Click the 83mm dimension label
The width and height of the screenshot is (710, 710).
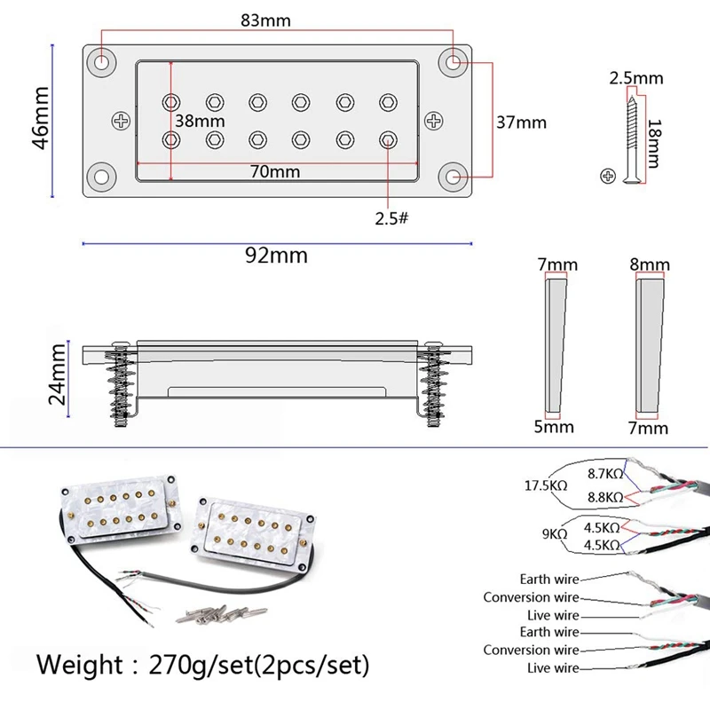[x=265, y=20]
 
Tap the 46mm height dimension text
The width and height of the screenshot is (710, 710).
[x=40, y=118]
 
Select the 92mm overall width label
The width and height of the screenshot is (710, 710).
[x=276, y=256]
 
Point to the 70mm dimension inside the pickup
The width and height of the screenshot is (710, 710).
[x=275, y=171]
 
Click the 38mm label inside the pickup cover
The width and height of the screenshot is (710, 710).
[x=200, y=121]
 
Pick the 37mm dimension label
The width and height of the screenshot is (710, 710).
[x=521, y=122]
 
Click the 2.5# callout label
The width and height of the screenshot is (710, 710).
[x=391, y=218]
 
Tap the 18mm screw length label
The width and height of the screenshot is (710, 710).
[x=654, y=144]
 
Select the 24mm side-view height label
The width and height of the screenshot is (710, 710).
[x=58, y=374]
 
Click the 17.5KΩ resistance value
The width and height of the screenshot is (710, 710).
[x=546, y=485]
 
